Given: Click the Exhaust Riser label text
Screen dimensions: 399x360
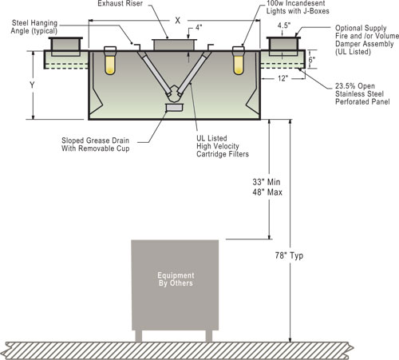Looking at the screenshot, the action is pyautogui.click(x=120, y=3).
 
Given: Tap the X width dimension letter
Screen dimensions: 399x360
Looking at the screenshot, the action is pyautogui.click(x=178, y=21).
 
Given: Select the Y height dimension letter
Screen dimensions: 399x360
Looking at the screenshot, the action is pyautogui.click(x=32, y=85).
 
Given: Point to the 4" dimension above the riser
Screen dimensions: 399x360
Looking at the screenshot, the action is pyautogui.click(x=199, y=28).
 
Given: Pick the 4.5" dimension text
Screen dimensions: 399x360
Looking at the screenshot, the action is pyautogui.click(x=284, y=26).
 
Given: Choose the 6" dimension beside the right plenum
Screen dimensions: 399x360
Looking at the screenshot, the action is pyautogui.click(x=312, y=60).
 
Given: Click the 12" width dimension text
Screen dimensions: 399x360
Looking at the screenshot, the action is pyautogui.click(x=283, y=78).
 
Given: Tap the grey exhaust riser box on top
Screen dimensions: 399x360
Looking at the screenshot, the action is pyautogui.click(x=174, y=45).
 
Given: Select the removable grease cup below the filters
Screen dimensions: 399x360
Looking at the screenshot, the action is pyautogui.click(x=174, y=108).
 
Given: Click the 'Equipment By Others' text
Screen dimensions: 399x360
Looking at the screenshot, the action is pyautogui.click(x=176, y=279).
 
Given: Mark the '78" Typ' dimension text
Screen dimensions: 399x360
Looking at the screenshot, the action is pyautogui.click(x=289, y=255).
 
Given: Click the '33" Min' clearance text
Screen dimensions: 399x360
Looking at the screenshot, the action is pyautogui.click(x=267, y=182).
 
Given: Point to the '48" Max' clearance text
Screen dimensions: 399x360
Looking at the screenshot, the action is pyautogui.click(x=267, y=192).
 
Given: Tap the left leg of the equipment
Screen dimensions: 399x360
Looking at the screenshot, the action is pyautogui.click(x=139, y=336).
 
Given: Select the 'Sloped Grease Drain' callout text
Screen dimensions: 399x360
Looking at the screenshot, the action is pyautogui.click(x=95, y=140).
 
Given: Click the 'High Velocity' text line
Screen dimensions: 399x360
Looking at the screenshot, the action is pyautogui.click(x=218, y=146).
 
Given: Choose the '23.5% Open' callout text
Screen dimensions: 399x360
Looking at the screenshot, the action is pyautogui.click(x=355, y=86).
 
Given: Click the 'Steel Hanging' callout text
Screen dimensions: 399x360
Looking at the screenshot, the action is pyautogui.click(x=34, y=23).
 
